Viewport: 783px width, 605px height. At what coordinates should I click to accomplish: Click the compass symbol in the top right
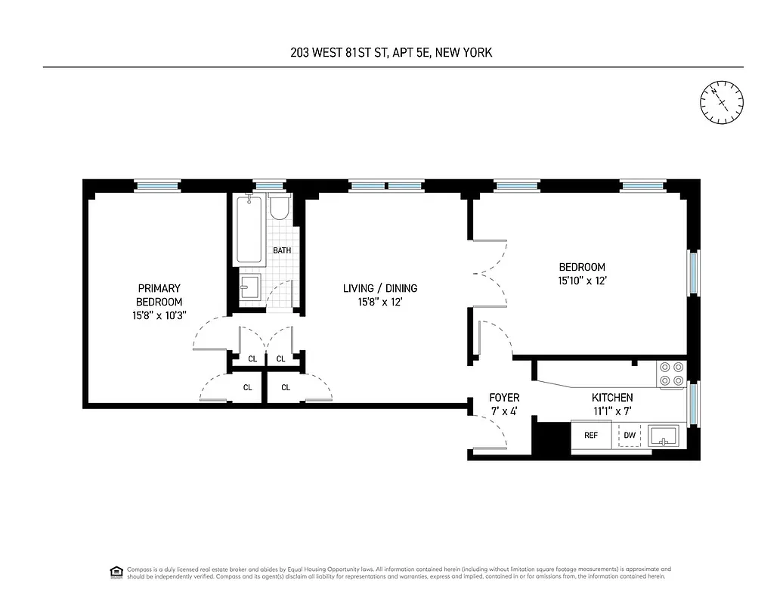(722, 102)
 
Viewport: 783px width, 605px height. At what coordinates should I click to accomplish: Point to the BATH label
(282, 250)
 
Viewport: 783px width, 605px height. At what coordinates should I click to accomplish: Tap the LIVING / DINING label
(380, 288)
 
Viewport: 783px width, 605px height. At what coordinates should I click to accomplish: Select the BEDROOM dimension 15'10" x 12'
(582, 281)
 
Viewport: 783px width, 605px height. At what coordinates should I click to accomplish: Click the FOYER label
(504, 398)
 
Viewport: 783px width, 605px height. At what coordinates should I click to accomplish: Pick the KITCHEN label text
(612, 398)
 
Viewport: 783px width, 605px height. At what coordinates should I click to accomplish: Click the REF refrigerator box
(591, 436)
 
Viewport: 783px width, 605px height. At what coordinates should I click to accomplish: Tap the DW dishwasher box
(630, 436)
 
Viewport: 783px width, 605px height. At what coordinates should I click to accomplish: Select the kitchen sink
(664, 436)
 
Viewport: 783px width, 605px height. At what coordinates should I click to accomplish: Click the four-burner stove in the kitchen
(672, 374)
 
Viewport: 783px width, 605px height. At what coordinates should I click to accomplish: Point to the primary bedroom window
(157, 185)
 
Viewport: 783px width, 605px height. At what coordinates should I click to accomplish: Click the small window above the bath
(270, 185)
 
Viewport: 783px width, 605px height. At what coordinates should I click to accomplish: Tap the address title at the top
(392, 52)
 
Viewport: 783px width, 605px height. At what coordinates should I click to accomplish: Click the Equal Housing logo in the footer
(116, 572)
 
